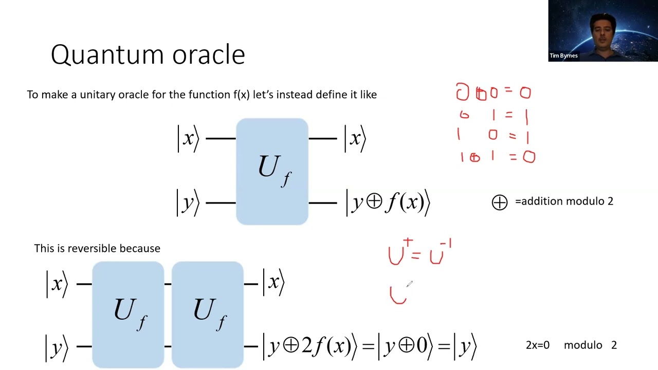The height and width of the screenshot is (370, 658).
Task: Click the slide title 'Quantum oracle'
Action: point(148,54)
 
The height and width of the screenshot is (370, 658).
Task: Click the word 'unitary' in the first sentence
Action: point(97,95)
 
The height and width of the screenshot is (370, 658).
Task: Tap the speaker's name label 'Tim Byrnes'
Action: point(563,55)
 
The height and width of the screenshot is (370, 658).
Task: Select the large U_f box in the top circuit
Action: point(272,171)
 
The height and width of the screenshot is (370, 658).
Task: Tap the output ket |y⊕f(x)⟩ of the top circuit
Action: point(388,202)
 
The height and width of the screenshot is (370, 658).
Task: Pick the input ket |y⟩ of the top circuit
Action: point(188,202)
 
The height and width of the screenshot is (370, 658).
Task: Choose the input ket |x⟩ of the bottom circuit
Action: point(57,283)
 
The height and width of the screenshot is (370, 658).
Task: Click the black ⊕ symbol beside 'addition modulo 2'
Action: point(499,202)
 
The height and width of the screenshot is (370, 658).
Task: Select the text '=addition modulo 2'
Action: point(564,201)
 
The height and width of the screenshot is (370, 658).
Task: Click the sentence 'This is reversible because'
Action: point(97,248)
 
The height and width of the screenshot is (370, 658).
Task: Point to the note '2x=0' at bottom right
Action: point(537,345)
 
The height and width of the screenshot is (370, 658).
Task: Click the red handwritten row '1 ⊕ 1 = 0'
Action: point(497,157)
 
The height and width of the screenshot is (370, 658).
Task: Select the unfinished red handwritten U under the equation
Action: point(398,295)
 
